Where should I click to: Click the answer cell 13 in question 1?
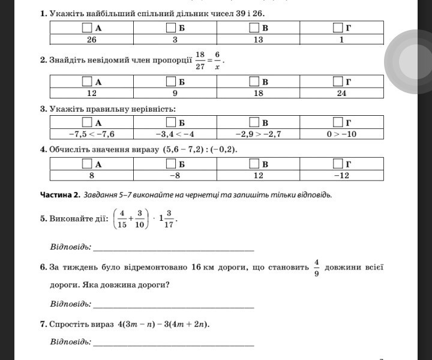pos(259,40)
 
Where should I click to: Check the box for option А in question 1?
pos(87,28)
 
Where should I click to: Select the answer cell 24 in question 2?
pos(341,93)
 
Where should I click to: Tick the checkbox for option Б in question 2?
pos(171,82)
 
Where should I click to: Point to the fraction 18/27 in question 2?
pos(200,60)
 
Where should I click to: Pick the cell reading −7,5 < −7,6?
pos(92,134)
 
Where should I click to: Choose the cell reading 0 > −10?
pos(341,134)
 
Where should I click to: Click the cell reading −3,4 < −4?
pos(175,134)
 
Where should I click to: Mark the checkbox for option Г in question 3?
pos(338,122)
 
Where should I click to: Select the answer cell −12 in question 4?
pos(341,175)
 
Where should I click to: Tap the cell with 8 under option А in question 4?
pos(92,175)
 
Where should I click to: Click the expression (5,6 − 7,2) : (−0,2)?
pos(199,149)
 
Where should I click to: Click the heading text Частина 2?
pos(60,194)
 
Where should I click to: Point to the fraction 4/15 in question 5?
pos(122,218)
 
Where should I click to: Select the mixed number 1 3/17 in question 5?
pos(167,218)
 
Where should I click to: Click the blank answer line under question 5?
pos(173,248)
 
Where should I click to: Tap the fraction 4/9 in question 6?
pos(316,268)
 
